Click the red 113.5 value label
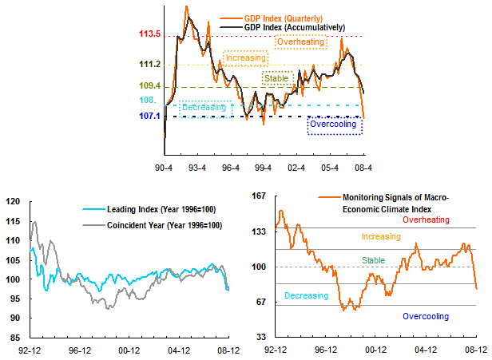pos(149,35)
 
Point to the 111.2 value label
pos(149,65)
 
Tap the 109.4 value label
pos(149,86)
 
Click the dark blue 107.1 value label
pos(149,117)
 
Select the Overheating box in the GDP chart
pos(300,42)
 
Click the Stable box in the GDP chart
pos(276,78)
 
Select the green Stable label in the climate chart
pos(373,260)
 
